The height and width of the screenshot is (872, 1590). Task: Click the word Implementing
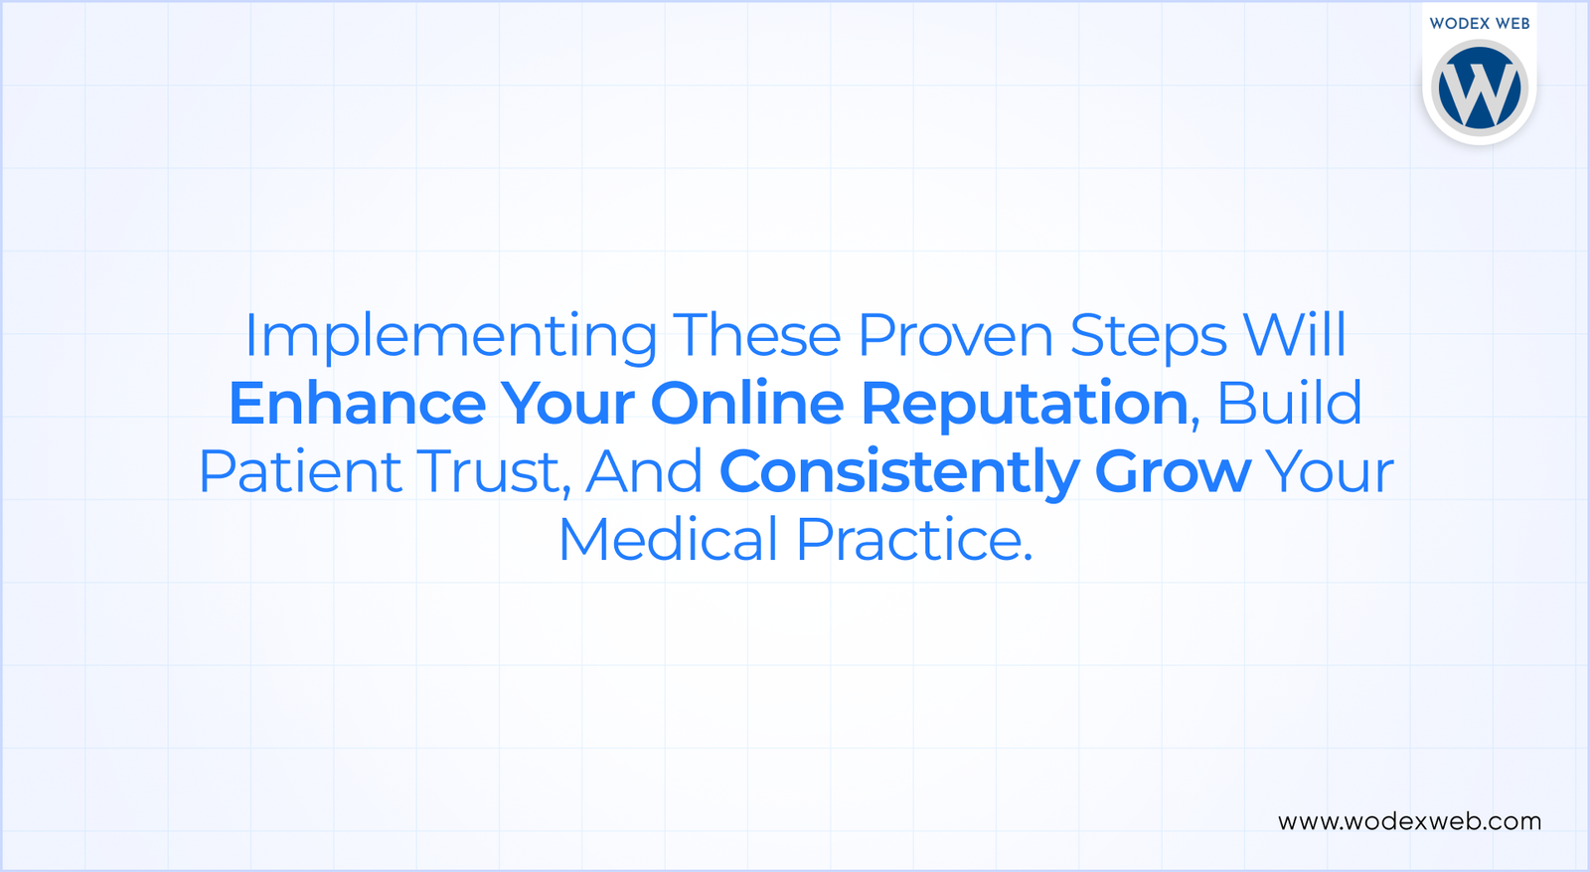coord(450,336)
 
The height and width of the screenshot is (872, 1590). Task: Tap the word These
coord(757,336)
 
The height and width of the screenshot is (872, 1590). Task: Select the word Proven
coord(955,336)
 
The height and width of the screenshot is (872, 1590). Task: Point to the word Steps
coord(1148,336)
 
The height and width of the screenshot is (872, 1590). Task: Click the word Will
coord(1295,335)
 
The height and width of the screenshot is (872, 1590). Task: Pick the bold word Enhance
coord(357,404)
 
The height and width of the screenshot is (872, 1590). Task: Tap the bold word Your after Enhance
coord(567,404)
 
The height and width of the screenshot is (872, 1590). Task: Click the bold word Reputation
coord(1025,406)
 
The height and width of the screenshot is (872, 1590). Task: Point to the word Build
coord(1289,404)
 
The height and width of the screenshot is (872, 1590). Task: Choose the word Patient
coord(300,471)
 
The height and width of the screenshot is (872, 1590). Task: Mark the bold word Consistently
coord(898,473)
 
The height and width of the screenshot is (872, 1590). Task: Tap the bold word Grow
coord(1173,471)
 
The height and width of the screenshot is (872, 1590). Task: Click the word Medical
coord(668,540)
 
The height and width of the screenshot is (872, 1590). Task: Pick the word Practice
coord(914,540)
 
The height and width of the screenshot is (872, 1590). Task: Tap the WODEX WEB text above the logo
coord(1480,23)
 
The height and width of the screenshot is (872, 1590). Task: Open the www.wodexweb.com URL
coord(1409,821)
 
